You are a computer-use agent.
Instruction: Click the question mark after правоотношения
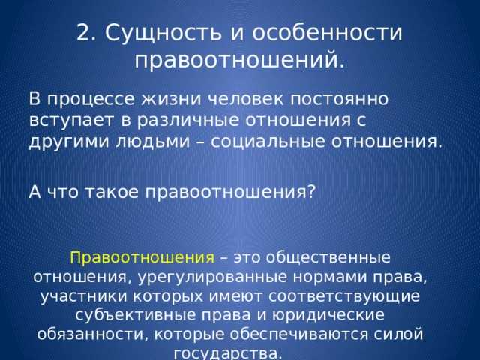(x=310, y=190)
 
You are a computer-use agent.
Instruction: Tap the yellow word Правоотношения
(x=142, y=257)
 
